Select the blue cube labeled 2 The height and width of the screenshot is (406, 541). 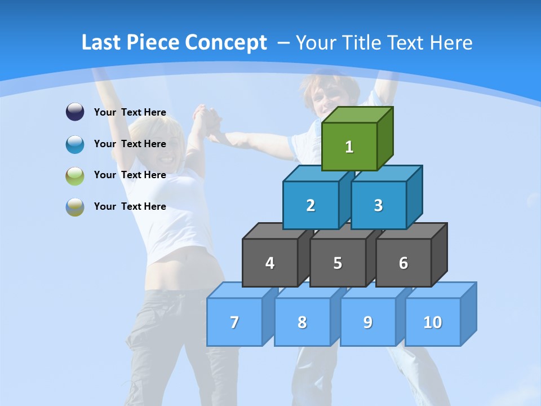click(311, 205)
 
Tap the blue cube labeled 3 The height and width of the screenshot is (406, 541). click(378, 205)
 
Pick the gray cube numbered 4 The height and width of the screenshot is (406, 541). click(270, 263)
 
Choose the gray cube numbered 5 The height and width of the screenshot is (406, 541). click(338, 263)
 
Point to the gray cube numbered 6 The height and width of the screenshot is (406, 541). click(403, 263)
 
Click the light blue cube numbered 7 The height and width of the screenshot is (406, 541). click(234, 322)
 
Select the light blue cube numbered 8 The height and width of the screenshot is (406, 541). click(302, 322)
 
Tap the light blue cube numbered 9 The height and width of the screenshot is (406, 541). click(368, 322)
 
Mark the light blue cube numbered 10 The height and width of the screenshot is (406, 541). click(433, 322)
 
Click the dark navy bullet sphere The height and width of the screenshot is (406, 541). click(75, 112)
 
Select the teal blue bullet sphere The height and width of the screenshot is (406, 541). click(75, 144)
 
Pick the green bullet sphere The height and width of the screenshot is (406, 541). click(75, 175)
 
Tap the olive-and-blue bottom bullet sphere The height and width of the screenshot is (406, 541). click(75, 206)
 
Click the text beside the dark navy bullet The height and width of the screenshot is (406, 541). click(130, 112)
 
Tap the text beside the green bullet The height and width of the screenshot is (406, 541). click(130, 175)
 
